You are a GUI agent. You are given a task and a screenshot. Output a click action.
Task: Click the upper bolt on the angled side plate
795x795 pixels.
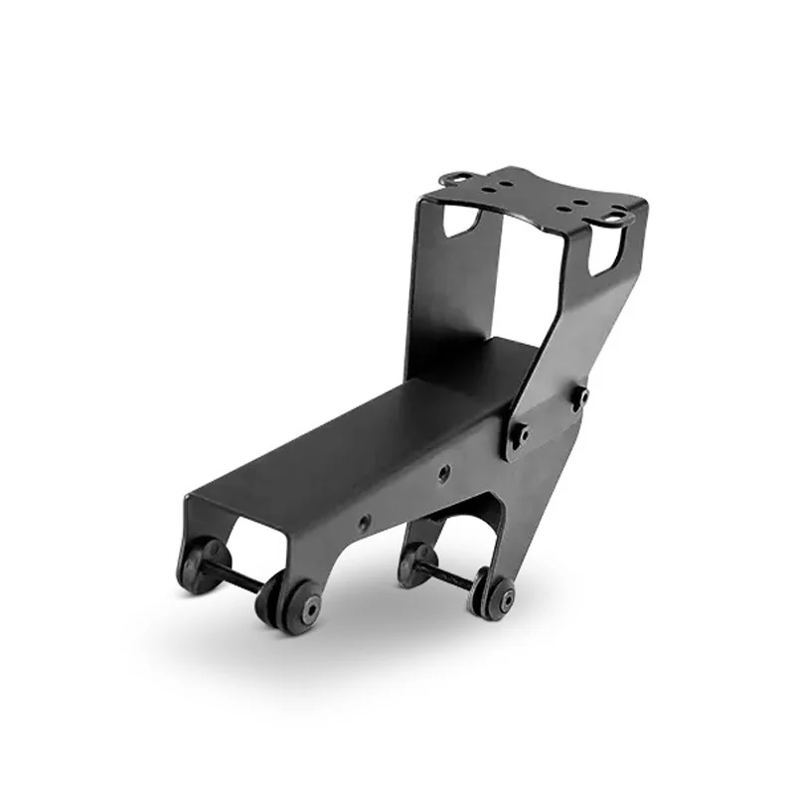click(579, 397)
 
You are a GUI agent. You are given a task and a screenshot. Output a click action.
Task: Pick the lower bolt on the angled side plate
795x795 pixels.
click(518, 433)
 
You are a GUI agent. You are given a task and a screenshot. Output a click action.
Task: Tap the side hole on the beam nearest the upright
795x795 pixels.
click(443, 473)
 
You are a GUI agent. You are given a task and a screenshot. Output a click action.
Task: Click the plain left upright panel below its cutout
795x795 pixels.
click(447, 298)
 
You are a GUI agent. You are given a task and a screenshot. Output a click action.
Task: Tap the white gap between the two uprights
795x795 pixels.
click(537, 278)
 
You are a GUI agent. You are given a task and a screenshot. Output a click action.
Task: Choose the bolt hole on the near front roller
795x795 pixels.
click(312, 607)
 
